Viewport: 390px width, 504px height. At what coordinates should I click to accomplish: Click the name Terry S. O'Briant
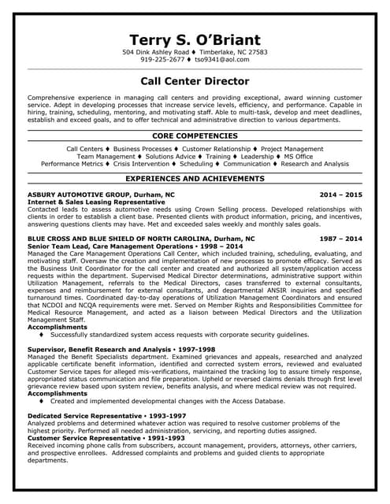[x=195, y=40]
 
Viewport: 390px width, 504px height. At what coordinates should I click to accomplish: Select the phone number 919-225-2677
[x=162, y=59]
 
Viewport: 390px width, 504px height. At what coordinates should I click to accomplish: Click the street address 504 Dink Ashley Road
[x=157, y=52]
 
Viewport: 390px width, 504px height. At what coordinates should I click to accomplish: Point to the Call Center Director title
[x=195, y=81]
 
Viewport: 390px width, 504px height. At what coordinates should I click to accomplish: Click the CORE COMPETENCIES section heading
[x=195, y=136]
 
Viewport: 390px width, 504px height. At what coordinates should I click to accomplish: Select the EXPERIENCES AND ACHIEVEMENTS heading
[x=195, y=180]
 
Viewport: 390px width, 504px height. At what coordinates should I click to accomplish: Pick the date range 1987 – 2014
[x=340, y=238]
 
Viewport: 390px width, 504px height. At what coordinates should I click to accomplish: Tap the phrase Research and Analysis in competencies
[x=314, y=164]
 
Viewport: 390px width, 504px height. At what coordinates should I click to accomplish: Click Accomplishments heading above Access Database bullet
[x=57, y=393]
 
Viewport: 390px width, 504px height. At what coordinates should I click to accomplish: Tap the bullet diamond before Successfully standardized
[x=41, y=335]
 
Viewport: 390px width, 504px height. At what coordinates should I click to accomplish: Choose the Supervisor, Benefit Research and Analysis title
[x=98, y=349]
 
